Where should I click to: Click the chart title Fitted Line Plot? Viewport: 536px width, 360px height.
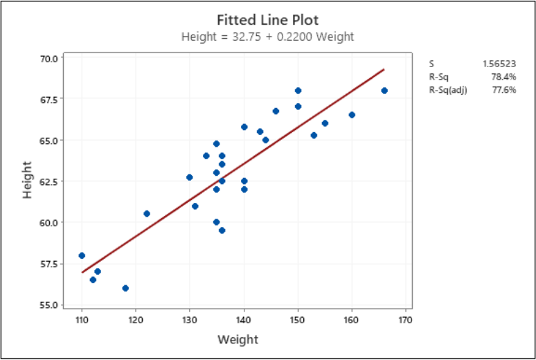pos(267,19)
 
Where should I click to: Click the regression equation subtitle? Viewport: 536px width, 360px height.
pos(267,36)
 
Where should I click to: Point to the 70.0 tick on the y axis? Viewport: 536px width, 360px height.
pos(50,58)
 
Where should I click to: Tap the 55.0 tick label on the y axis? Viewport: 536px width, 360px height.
pos(50,305)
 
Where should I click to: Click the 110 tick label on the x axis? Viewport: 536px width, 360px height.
pos(82,320)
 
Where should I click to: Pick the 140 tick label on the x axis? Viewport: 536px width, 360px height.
pos(244,320)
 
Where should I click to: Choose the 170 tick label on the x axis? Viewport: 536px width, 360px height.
pos(406,320)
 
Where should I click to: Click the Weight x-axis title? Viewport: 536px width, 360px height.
pos(238,339)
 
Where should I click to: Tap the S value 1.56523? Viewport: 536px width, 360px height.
pos(499,64)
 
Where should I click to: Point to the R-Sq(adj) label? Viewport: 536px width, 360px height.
pos(448,90)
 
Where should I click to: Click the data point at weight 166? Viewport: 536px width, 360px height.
pos(384,91)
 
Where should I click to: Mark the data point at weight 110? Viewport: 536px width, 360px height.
pos(82,255)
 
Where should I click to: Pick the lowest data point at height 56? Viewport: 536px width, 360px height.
pos(125,288)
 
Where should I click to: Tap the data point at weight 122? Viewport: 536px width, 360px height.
pos(147,213)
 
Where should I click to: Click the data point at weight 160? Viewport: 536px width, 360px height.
pos(352,115)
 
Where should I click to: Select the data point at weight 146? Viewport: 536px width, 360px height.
pos(276,111)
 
